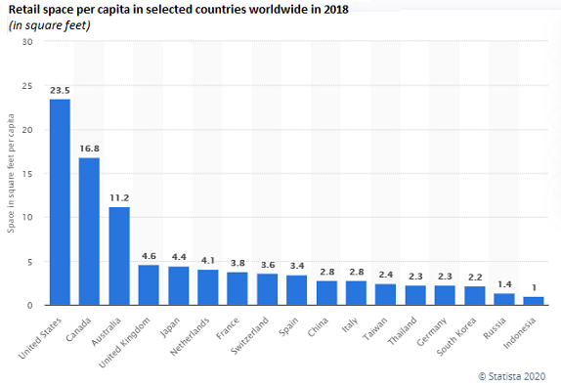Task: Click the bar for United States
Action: pyautogui.click(x=60, y=202)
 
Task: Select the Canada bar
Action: pyautogui.click(x=89, y=232)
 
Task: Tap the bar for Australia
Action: pyautogui.click(x=119, y=256)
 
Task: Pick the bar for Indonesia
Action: pyautogui.click(x=534, y=301)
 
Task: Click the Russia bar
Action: pyautogui.click(x=504, y=299)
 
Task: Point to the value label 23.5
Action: pyautogui.click(x=60, y=91)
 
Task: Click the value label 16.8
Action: pyautogui.click(x=90, y=149)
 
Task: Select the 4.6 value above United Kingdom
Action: pyautogui.click(x=149, y=256)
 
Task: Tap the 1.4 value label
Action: pyautogui.click(x=504, y=284)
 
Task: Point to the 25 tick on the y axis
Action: pyautogui.click(x=27, y=86)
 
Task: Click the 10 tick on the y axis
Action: pyautogui.click(x=27, y=217)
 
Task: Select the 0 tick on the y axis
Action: pyautogui.click(x=29, y=305)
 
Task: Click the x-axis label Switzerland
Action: pyautogui.click(x=250, y=335)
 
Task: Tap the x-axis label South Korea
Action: pyautogui.click(x=456, y=336)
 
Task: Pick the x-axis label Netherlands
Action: pyautogui.click(x=190, y=336)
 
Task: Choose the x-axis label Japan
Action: pyautogui.click(x=170, y=327)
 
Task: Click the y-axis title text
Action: pyautogui.click(x=11, y=173)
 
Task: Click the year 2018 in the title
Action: pyautogui.click(x=336, y=10)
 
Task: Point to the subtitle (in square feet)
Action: pyautogui.click(x=50, y=25)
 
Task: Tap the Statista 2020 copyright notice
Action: pyautogui.click(x=512, y=376)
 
